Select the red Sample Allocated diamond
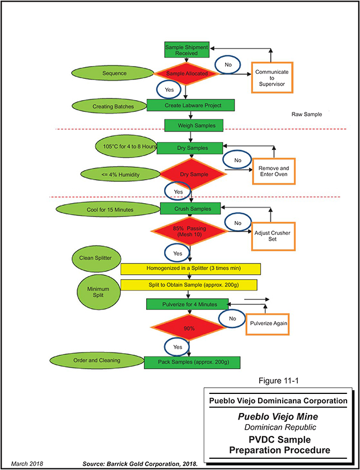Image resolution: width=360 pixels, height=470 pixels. [186, 73]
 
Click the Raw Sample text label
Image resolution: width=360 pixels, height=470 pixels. [306, 114]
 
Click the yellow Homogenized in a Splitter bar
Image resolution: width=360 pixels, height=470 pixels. [188, 269]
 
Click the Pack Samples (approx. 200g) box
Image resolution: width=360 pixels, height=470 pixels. [192, 362]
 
